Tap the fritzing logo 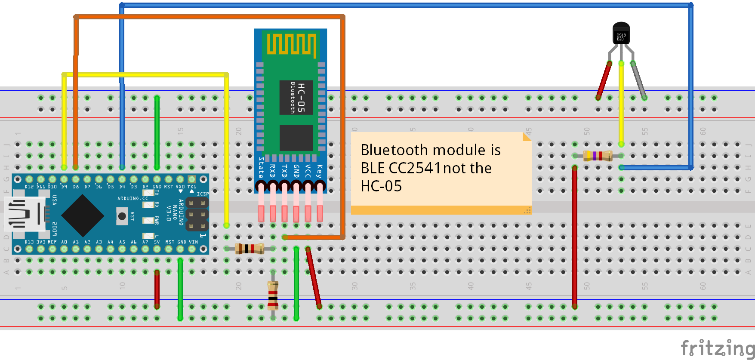pyautogui.click(x=717, y=348)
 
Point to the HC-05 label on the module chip pyautogui.click(x=301, y=98)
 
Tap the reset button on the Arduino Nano pyautogui.click(x=122, y=216)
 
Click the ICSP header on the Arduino pyautogui.click(x=197, y=214)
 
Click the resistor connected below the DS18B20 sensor pyautogui.click(x=598, y=156)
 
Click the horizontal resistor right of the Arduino pyautogui.click(x=250, y=249)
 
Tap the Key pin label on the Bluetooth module pyautogui.click(x=319, y=171)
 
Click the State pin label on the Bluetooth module pyautogui.click(x=261, y=168)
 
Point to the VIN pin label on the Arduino pyautogui.click(x=194, y=242)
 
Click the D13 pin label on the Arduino pyautogui.click(x=29, y=242)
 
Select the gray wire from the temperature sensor pyautogui.click(x=639, y=81)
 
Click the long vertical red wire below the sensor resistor pyautogui.click(x=575, y=237)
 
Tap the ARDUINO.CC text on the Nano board pyautogui.click(x=133, y=199)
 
